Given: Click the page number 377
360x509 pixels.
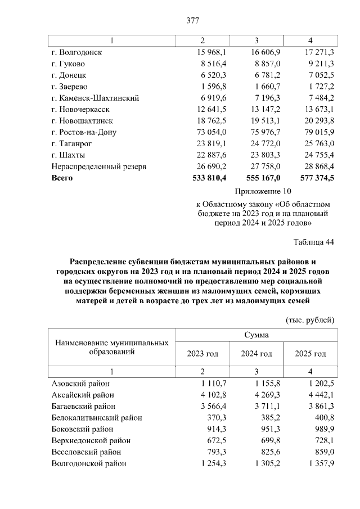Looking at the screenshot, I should click(x=193, y=21).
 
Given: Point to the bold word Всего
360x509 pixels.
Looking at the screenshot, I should click(x=62, y=178).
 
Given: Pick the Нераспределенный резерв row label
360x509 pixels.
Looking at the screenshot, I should click(x=98, y=166).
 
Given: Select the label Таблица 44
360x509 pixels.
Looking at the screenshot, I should click(x=314, y=242).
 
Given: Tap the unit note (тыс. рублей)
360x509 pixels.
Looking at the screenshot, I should click(x=310, y=320).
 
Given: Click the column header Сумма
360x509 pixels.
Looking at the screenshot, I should click(x=256, y=335).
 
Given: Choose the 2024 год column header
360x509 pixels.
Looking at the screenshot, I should click(x=256, y=354).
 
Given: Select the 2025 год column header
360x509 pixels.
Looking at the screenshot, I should click(x=310, y=354).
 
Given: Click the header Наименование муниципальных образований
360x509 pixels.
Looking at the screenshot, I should click(x=111, y=347).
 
